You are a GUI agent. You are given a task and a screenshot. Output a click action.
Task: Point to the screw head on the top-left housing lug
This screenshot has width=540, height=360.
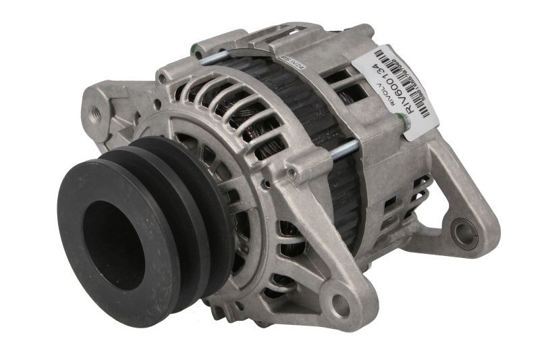(x=162, y=79)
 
